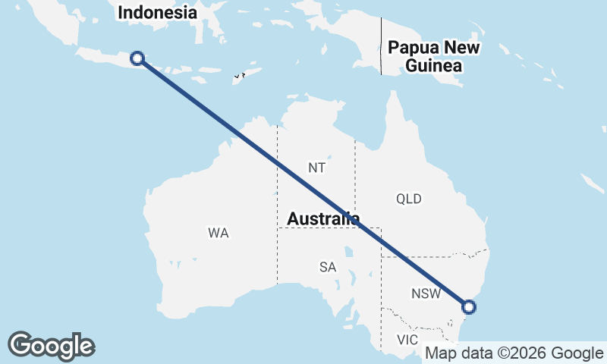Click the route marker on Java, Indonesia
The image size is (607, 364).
[x=137, y=58]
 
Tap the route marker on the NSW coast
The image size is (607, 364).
[x=469, y=306]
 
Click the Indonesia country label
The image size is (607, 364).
[x=158, y=13]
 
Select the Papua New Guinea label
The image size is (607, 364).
[x=433, y=57]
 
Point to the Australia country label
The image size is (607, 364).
[x=323, y=219]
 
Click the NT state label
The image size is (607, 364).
[x=317, y=167]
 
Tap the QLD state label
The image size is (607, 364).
[x=408, y=199]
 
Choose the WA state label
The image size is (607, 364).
[x=219, y=233]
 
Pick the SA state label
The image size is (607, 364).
[x=328, y=267]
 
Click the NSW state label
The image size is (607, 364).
[x=426, y=293]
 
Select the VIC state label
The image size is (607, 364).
[x=408, y=340]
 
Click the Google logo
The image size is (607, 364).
[x=51, y=345]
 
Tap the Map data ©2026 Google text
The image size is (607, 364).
[x=514, y=353]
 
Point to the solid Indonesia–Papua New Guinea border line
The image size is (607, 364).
[x=381, y=45]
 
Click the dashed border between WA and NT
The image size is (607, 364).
[x=277, y=190]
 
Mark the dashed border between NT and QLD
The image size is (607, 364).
[x=355, y=174]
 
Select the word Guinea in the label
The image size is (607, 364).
[x=433, y=66]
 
